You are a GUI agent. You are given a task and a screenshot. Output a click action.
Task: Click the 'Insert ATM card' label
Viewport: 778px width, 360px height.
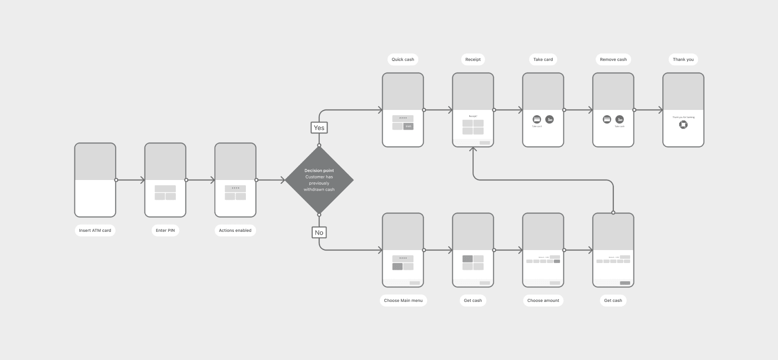click(x=95, y=230)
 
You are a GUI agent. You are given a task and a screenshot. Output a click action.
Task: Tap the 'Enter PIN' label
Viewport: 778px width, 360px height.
click(x=165, y=230)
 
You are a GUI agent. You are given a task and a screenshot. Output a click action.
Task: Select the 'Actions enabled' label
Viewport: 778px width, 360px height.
click(x=235, y=230)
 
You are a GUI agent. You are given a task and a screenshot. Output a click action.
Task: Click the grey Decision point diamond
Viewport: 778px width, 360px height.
click(x=319, y=180)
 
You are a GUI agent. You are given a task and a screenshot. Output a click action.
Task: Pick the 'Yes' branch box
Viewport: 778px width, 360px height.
click(x=319, y=128)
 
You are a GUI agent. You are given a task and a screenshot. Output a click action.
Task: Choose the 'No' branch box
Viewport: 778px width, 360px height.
click(x=319, y=232)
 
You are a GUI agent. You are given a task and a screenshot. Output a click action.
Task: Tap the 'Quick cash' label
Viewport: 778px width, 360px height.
click(x=402, y=60)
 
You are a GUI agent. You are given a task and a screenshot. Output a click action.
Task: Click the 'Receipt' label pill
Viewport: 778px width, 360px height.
click(x=473, y=60)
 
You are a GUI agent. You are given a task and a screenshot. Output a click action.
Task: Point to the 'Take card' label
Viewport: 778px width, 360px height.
click(x=543, y=60)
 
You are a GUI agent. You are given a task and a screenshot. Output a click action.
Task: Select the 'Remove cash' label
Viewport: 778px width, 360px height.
click(x=613, y=60)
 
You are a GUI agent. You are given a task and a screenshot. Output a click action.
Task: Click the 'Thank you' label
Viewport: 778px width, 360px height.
click(x=683, y=60)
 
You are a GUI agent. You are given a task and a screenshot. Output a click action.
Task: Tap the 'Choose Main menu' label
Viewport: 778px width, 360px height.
click(x=403, y=300)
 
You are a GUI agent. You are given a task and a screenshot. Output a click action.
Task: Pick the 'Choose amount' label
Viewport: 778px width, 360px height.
click(x=543, y=300)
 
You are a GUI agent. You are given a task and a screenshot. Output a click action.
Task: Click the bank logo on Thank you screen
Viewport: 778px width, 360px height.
click(x=683, y=125)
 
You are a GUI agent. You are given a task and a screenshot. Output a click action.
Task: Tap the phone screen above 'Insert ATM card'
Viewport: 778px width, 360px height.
click(x=95, y=180)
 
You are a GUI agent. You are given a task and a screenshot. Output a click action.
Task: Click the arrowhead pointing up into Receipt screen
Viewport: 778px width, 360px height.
click(x=473, y=150)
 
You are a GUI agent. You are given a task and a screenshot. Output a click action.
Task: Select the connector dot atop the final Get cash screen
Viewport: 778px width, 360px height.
click(x=613, y=213)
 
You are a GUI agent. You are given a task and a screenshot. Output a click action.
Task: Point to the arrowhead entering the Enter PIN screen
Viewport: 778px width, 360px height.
click(x=143, y=180)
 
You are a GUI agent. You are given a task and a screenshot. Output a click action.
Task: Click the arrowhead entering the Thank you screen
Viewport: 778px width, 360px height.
click(x=660, y=110)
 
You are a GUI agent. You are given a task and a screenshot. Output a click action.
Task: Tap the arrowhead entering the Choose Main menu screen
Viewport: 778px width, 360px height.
click(x=380, y=250)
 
